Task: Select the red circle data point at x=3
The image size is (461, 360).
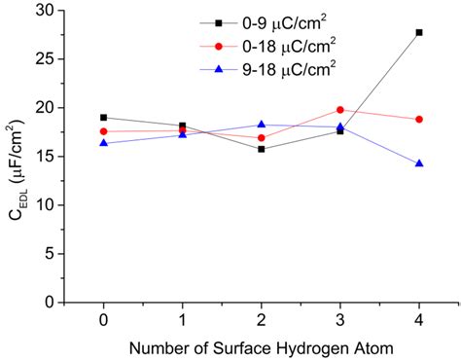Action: [340, 110]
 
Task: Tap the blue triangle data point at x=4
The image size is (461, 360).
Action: [419, 163]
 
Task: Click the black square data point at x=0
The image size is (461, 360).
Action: [103, 118]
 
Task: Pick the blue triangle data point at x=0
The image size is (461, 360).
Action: [103, 143]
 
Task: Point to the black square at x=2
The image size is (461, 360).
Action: [262, 149]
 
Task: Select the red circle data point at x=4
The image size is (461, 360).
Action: [419, 120]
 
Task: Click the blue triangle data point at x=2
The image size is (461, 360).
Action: [262, 125]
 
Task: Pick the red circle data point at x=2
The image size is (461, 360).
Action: [262, 138]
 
